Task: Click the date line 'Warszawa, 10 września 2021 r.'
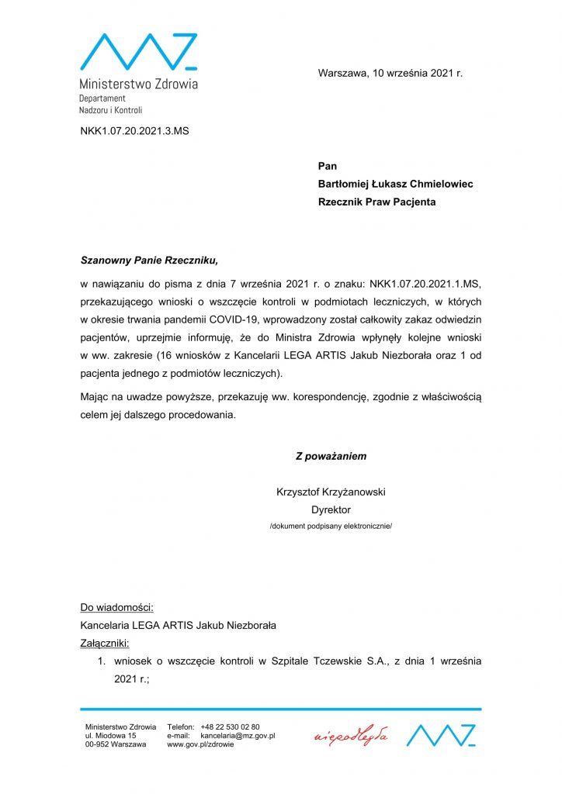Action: [390, 73]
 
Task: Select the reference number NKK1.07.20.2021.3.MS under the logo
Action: [134, 130]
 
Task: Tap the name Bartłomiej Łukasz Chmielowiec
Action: [395, 184]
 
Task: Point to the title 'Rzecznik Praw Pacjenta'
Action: [376, 202]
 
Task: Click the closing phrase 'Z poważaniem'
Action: [331, 456]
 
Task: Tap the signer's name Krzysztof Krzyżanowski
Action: [331, 492]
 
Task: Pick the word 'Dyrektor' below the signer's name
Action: [331, 509]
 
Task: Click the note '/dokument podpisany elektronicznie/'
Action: [331, 526]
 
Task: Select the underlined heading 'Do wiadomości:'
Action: [116, 607]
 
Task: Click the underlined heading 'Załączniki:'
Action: [105, 643]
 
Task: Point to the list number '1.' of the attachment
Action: [101, 661]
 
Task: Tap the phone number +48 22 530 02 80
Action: [230, 727]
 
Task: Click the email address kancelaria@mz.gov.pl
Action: [238, 735]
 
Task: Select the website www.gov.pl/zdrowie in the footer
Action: [201, 744]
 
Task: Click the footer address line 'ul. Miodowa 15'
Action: [110, 735]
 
